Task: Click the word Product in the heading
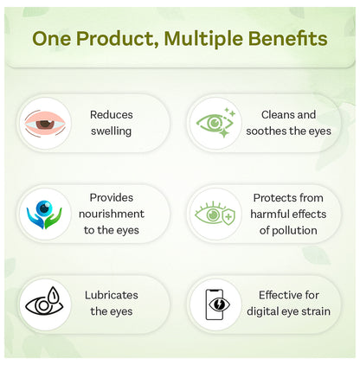[x=118, y=39]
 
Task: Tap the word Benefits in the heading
[x=287, y=38]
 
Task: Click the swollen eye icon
[x=45, y=124]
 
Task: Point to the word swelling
[x=111, y=131]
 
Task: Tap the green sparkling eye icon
[x=215, y=123]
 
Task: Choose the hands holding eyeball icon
[x=44, y=215]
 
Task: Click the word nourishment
[x=112, y=214]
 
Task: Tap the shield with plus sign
[x=228, y=216]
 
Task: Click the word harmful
[x=267, y=215]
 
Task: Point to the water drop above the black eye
[x=54, y=294]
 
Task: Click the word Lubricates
[x=112, y=295]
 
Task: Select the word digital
[x=261, y=311]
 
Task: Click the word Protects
[x=271, y=198]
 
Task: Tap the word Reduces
[x=112, y=115]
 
